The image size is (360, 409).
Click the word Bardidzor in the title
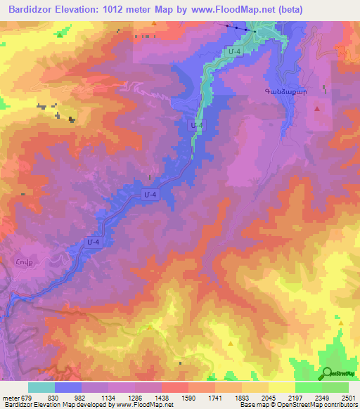27,10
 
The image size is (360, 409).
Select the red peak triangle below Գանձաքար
318,109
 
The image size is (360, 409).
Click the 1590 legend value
188,398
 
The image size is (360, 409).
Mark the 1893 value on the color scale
242,398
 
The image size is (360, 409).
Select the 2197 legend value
295,398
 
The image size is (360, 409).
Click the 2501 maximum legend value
348,398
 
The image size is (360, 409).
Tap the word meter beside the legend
10,398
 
